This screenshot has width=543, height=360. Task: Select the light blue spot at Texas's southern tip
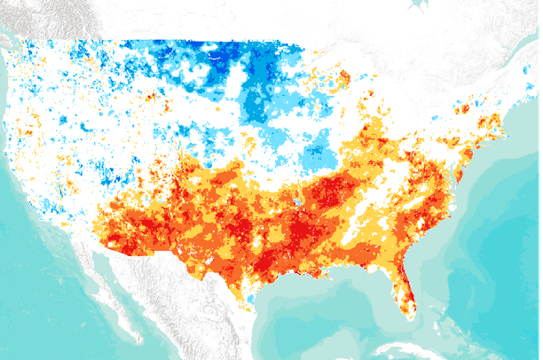(251, 300)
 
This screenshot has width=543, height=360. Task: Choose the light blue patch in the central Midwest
(315, 155)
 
